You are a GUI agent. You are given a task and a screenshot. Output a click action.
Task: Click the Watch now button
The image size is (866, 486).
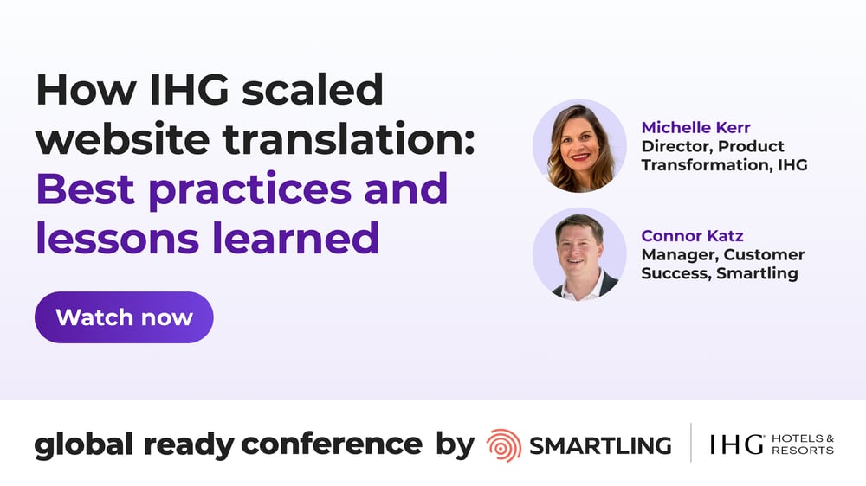click(x=124, y=317)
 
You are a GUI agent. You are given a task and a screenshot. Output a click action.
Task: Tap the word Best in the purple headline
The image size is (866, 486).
click(x=87, y=188)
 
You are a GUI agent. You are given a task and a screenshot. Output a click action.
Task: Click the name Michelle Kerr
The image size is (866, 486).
click(x=695, y=128)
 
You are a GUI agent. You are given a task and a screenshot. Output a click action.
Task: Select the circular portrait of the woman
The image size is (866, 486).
click(x=579, y=145)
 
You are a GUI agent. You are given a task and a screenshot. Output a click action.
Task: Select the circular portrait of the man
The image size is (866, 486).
click(x=579, y=254)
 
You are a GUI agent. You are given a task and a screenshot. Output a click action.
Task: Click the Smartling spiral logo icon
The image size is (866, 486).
click(x=503, y=444)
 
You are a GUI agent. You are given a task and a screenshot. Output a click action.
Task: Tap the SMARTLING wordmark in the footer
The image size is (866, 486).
click(x=599, y=445)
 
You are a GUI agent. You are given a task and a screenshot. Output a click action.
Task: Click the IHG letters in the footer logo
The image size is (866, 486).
click(x=736, y=444)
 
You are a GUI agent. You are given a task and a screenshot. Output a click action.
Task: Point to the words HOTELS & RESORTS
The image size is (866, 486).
click(x=803, y=444)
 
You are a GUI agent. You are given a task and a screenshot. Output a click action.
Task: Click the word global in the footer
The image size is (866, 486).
click(x=83, y=444)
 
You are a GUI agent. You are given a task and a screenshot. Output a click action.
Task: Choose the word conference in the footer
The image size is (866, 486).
click(x=332, y=444)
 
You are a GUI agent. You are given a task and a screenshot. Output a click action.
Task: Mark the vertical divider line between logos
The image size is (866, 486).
click(x=690, y=444)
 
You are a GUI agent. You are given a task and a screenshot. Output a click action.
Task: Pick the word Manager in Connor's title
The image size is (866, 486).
click(x=679, y=255)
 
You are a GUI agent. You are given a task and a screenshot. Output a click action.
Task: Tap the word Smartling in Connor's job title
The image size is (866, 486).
click(x=761, y=273)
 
